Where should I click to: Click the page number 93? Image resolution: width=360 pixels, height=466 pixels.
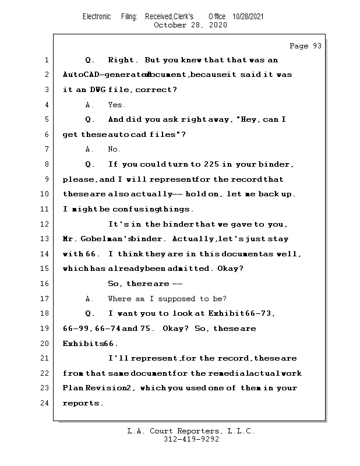(x=317, y=46)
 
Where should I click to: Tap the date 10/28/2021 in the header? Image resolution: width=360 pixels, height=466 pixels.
(x=248, y=17)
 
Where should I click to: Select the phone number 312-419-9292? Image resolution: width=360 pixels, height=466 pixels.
(x=191, y=439)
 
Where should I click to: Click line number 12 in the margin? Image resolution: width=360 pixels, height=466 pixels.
(x=45, y=224)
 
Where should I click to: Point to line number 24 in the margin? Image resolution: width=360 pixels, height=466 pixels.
(x=45, y=403)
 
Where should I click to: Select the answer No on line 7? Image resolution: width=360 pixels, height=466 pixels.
(x=113, y=149)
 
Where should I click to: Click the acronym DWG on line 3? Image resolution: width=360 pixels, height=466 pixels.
(x=98, y=90)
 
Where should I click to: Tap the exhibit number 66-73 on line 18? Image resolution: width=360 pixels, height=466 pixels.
(x=258, y=313)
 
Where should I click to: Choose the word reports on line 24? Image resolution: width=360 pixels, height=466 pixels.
(x=81, y=403)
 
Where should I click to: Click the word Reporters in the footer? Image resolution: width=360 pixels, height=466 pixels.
(x=198, y=431)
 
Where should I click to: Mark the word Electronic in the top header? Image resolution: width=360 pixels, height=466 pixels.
(x=97, y=17)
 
